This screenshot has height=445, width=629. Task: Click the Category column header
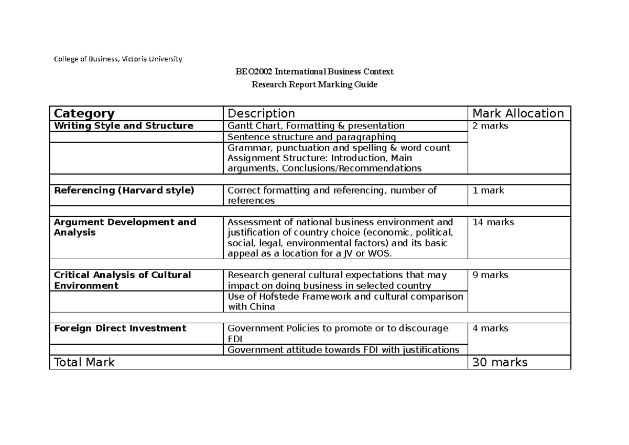coord(84,113)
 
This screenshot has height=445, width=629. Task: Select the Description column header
coord(261,113)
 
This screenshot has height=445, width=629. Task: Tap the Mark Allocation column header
coord(518,113)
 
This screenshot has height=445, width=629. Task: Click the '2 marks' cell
coord(490,126)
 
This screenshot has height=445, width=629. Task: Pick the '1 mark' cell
coord(488,190)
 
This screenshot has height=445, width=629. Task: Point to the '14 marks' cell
coord(493,222)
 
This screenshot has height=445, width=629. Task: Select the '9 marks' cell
coord(490,275)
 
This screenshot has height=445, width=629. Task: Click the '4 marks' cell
coord(490,329)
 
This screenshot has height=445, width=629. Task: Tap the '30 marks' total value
coord(500,362)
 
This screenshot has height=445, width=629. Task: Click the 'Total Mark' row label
coord(84,362)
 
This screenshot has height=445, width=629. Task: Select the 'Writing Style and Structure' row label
coord(124,126)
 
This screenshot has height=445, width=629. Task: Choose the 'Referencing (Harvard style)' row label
coord(124,190)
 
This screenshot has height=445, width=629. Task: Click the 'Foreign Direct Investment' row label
coord(120,329)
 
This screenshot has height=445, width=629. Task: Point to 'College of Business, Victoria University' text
coord(118,59)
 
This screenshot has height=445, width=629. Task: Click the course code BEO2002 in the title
coord(254,72)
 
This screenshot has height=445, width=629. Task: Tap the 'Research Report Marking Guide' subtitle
coord(314,84)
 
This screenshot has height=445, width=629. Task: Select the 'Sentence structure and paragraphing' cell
coord(311,137)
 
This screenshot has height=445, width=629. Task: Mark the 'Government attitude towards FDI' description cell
coord(343,350)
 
